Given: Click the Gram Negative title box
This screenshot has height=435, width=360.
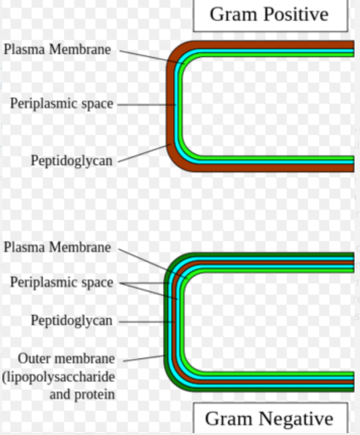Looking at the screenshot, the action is click(x=270, y=418).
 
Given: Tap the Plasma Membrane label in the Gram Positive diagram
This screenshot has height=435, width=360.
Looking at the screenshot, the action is click(x=58, y=50).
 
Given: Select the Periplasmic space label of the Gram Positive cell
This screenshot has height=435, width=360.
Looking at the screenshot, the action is click(x=61, y=104).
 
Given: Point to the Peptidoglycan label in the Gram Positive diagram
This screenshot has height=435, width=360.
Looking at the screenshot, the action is click(x=72, y=160).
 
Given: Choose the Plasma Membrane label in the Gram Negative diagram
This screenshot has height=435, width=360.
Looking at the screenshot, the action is click(x=58, y=247).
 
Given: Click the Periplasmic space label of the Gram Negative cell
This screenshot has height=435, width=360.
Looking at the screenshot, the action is click(x=61, y=282).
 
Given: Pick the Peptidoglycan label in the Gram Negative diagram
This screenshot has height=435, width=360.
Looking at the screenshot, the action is click(x=72, y=321).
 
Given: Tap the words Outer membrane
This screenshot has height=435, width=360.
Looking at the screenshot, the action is click(x=66, y=358).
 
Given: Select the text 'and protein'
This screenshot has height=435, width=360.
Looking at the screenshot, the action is click(x=82, y=394).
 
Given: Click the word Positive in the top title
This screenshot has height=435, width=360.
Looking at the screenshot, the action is click(x=296, y=15).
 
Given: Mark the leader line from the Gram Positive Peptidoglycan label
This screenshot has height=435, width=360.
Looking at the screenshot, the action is click(x=144, y=153).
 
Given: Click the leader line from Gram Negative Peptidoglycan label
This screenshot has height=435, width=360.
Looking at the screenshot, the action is click(x=144, y=322).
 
